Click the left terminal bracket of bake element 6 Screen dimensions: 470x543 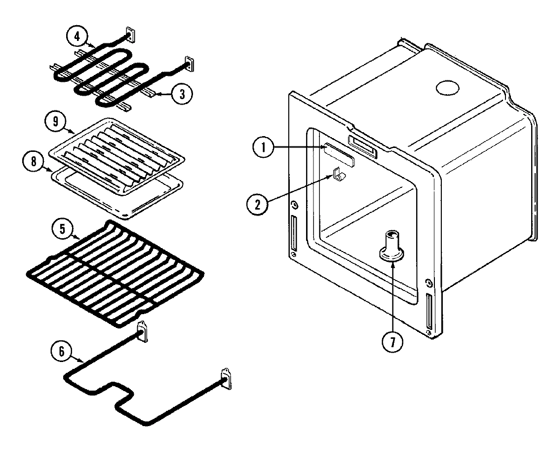pyautogui.click(x=143, y=332)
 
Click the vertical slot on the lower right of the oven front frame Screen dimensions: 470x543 pyautogui.click(x=429, y=310)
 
